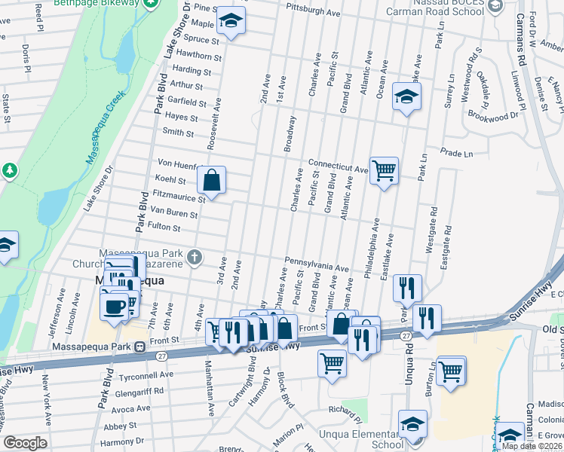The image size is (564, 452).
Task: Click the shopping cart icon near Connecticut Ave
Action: coord(385,171)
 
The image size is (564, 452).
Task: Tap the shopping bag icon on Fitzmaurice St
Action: coord(212,180)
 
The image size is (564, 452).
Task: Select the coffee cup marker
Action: coord(115,307)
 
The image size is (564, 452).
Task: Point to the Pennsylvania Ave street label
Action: coord(316,265)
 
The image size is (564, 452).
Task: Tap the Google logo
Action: coord(25,443)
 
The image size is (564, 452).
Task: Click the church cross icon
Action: coord(195,258)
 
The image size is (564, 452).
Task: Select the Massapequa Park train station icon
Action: coord(139,347)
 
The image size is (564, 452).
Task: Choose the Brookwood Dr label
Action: coord(495,116)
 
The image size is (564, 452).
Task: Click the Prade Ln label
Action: coord(457,154)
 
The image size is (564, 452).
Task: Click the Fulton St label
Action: coord(164,226)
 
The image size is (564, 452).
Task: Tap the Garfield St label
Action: coord(187,102)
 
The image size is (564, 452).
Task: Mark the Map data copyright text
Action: coord(532,446)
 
